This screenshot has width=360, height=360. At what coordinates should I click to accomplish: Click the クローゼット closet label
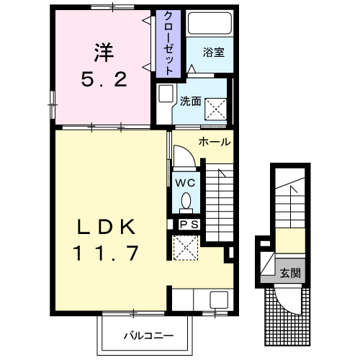click(168, 44)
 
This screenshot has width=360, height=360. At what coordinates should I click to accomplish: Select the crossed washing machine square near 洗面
click(217, 109)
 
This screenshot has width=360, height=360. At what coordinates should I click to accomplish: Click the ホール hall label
click(214, 142)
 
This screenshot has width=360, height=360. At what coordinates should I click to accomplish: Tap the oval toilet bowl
click(186, 199)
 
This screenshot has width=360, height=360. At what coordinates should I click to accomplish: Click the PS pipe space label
click(188, 225)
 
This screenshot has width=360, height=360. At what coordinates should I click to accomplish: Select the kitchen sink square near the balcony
click(217, 300)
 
